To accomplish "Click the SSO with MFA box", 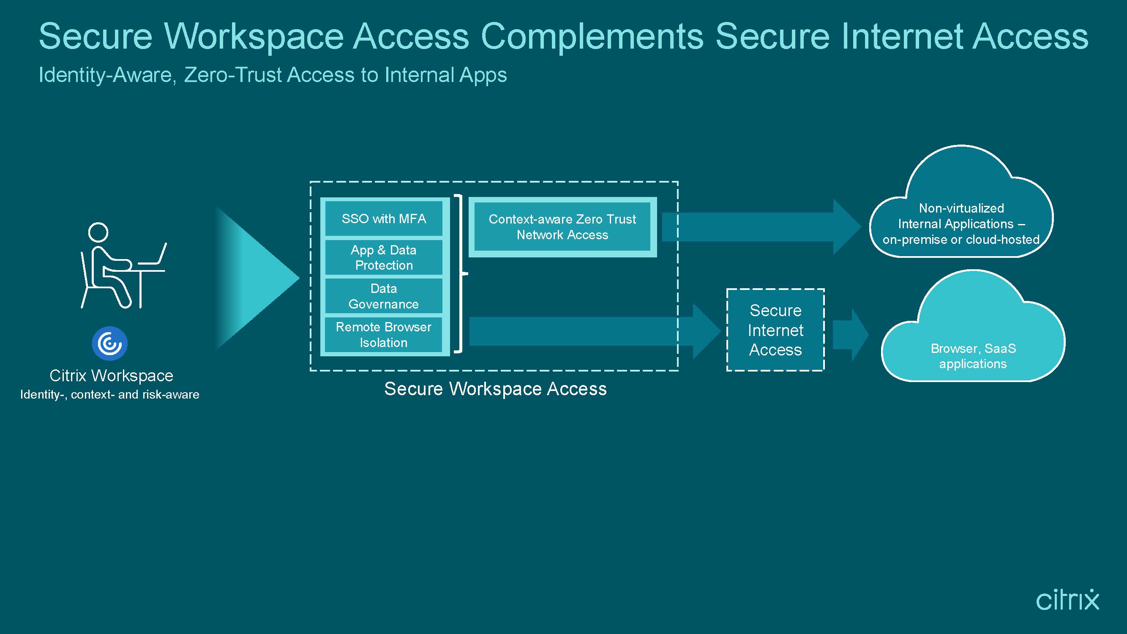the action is point(384,219).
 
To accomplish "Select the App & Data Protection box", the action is point(384,257).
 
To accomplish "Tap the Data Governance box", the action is point(384,296).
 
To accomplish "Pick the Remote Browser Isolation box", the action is point(384,334).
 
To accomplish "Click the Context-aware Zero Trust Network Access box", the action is point(562,227).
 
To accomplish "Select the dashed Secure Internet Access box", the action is point(776,330).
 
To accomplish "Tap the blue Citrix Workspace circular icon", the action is point(110,344).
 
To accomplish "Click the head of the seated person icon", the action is point(98,232).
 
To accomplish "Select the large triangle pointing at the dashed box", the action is point(257,278).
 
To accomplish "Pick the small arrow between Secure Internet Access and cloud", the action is point(851,335).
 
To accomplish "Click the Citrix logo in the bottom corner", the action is point(1067,600).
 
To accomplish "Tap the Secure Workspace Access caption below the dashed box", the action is point(495,388).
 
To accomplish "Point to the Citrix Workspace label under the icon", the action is point(111,376).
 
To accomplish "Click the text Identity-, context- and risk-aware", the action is point(110,395).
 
